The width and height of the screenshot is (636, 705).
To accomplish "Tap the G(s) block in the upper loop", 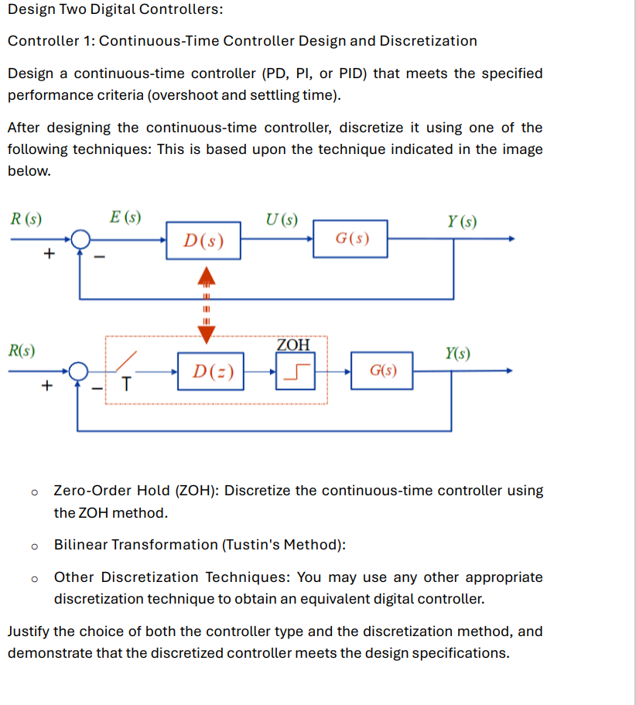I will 351,238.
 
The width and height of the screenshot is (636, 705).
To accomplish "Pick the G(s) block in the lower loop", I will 381,371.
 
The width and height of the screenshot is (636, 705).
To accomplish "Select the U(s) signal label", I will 281,219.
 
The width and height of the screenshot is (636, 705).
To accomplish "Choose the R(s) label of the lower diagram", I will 22,350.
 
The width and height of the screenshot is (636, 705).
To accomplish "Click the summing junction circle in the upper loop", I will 80,239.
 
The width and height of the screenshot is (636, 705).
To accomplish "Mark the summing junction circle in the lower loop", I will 79,371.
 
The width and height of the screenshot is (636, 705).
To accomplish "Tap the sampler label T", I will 126,383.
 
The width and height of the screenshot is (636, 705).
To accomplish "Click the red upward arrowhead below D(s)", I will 205,274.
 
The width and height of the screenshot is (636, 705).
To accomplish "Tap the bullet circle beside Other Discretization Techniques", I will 33,578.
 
